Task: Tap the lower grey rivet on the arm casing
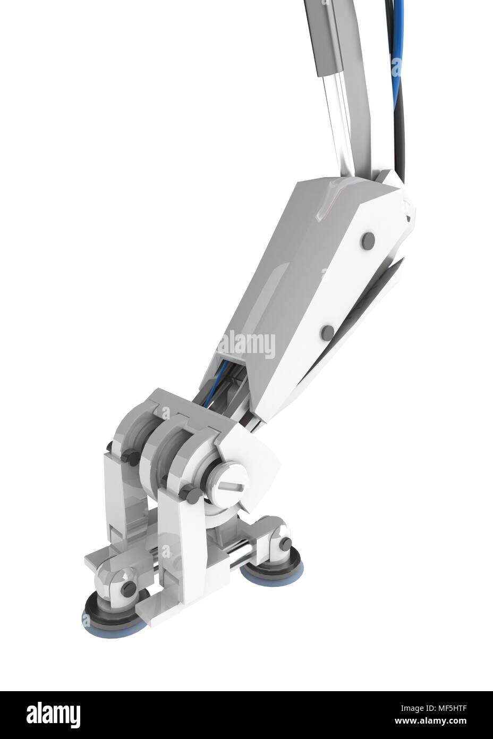pyautogui.click(x=328, y=333)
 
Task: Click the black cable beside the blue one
pyautogui.click(x=403, y=122)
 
